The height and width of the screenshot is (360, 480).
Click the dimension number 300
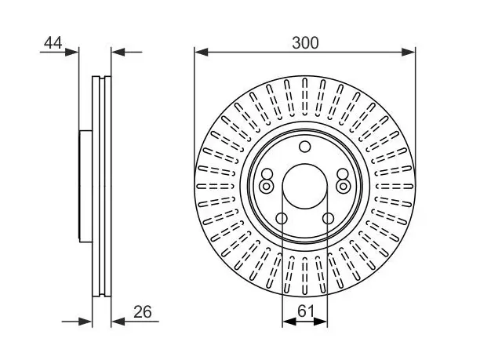click(x=305, y=43)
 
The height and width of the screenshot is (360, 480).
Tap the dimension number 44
click(x=53, y=43)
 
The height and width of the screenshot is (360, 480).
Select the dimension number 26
click(x=142, y=312)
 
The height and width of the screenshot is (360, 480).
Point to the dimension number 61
click(x=306, y=311)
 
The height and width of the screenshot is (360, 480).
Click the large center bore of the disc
click(x=304, y=186)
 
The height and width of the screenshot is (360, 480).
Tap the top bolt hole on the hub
click(x=304, y=147)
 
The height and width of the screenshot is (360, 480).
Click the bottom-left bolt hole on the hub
click(x=282, y=219)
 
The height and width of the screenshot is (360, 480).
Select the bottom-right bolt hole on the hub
click(x=328, y=219)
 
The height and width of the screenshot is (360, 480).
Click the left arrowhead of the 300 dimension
click(x=201, y=52)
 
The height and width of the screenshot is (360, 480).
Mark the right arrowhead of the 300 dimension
click(x=409, y=52)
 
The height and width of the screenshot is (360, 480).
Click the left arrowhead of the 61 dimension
click(x=289, y=322)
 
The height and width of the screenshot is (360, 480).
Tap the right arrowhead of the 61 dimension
click(x=321, y=322)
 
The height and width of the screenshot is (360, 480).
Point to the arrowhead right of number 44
click(x=72, y=53)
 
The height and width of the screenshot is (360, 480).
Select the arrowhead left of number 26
click(x=118, y=322)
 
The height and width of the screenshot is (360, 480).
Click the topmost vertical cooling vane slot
click(x=304, y=96)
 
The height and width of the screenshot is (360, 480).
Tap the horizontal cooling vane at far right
click(x=395, y=186)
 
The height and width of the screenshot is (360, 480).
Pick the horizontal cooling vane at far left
click(x=215, y=186)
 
